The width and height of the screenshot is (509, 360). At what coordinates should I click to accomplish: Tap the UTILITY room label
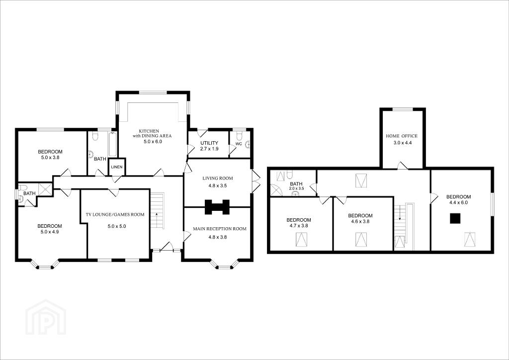209,143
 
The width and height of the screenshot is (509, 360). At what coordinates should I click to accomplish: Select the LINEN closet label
117,167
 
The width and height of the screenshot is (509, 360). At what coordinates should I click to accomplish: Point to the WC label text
239,144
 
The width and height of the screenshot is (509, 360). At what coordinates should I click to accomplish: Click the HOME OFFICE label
402,136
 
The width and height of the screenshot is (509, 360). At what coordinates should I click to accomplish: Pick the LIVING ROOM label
218,178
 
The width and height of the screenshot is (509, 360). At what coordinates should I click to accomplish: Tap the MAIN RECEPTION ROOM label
219,229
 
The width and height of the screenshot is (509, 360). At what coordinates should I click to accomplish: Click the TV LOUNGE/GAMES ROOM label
115,215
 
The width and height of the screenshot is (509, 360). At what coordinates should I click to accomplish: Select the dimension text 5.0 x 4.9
49,232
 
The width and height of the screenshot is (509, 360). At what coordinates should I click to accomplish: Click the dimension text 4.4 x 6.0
458,202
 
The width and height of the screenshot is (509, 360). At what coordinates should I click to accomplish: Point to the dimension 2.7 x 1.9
209,149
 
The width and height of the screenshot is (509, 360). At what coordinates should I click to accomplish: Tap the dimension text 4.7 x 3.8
299,226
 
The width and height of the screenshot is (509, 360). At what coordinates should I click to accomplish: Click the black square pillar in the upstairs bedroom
455,218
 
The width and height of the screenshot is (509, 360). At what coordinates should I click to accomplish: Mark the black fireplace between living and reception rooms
217,207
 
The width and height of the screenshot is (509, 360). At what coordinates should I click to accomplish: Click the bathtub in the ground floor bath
113,144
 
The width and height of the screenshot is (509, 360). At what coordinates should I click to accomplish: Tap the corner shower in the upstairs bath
276,190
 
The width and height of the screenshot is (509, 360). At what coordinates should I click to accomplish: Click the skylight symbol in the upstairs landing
361,180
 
